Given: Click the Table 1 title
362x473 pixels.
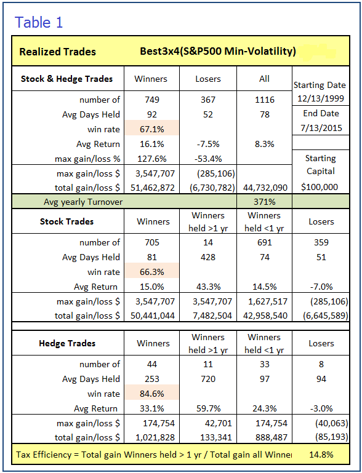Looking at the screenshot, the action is pyautogui.click(x=39, y=23).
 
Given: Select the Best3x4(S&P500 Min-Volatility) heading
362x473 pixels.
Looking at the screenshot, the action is pyautogui.click(x=218, y=51).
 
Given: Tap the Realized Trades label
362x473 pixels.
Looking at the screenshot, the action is pyautogui.click(x=57, y=52).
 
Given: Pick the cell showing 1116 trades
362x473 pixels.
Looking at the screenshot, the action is pyautogui.click(x=265, y=100).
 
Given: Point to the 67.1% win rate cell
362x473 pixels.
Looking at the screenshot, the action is pyautogui.click(x=152, y=129).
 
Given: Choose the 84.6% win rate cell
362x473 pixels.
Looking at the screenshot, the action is pyautogui.click(x=152, y=394).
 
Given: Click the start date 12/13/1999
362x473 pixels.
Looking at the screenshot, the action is pyautogui.click(x=321, y=98).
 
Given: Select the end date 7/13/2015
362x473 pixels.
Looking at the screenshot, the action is pyautogui.click(x=321, y=127).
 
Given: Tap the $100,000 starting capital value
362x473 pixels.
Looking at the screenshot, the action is pyautogui.click(x=320, y=187).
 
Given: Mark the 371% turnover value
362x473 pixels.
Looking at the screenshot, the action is pyautogui.click(x=265, y=202).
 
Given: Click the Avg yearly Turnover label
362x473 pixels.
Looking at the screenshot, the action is pyautogui.click(x=83, y=202).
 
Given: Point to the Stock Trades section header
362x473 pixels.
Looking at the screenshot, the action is pyautogui.click(x=66, y=221).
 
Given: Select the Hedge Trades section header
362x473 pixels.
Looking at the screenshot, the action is pyautogui.click(x=67, y=343).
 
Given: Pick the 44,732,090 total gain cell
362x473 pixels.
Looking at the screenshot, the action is pyautogui.click(x=265, y=188).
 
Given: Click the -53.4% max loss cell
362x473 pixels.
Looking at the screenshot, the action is pyautogui.click(x=208, y=159).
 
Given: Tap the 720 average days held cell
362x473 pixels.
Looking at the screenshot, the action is pyautogui.click(x=208, y=378).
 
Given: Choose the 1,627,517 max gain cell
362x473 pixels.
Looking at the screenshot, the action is pyautogui.click(x=267, y=301).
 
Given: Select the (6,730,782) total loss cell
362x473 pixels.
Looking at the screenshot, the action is pyautogui.click(x=212, y=188).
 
